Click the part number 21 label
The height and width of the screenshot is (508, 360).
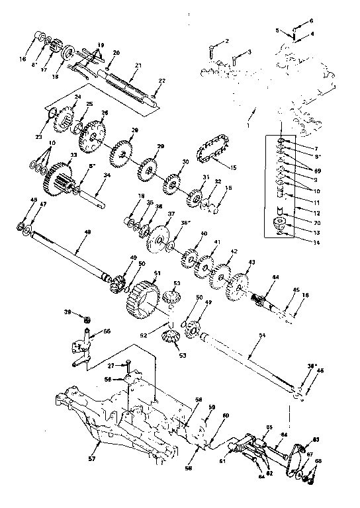(x=138, y=65)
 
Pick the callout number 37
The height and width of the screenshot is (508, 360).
(x=152, y=214)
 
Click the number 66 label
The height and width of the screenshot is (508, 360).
(x=107, y=331)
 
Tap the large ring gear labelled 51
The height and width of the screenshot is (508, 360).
(x=142, y=296)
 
